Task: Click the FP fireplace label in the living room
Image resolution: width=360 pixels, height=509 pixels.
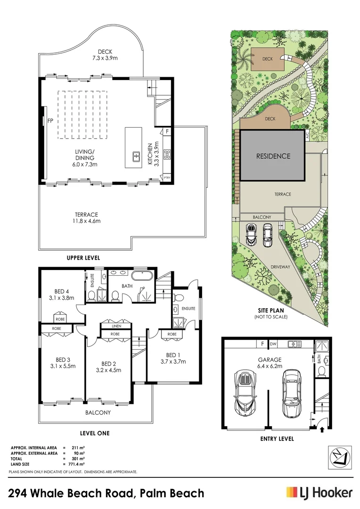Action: click(50, 121)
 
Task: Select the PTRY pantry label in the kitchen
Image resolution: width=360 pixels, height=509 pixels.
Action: click(167, 177)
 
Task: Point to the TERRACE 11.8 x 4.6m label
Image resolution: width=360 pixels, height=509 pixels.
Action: click(86, 217)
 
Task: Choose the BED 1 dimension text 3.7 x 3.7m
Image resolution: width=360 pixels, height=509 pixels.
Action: click(173, 361)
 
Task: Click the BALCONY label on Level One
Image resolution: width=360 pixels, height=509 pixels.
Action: click(98, 412)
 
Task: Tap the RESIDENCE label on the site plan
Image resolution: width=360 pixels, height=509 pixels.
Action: click(273, 156)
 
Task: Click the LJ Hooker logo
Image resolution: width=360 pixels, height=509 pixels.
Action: click(319, 493)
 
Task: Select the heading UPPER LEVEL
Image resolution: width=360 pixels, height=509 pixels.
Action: click(83, 258)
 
